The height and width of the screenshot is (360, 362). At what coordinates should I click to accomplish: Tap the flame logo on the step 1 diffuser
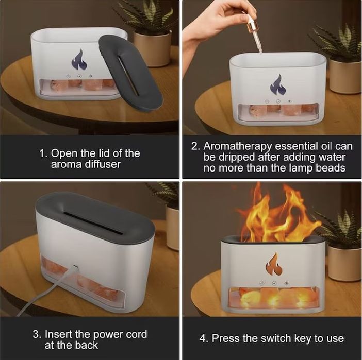point(79,60)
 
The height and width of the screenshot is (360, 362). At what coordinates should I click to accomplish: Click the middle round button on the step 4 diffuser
point(274,283)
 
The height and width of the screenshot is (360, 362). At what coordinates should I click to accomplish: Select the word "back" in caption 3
point(86,345)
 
